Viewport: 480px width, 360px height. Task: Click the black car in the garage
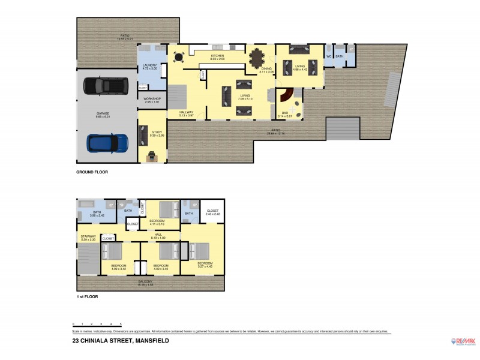tap(106, 87)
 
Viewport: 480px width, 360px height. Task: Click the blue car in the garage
tap(108, 143)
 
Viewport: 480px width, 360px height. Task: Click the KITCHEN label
tap(217, 56)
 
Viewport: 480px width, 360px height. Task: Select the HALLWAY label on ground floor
tap(187, 112)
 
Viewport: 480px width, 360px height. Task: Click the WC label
tap(329, 56)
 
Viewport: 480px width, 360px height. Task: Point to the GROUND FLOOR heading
tap(92, 172)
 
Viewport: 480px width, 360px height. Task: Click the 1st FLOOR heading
tap(87, 296)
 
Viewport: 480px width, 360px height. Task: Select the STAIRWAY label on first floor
tap(88, 237)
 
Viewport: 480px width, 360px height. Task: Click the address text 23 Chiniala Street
tap(121, 341)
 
